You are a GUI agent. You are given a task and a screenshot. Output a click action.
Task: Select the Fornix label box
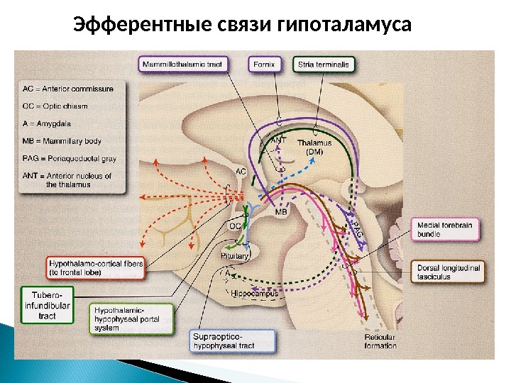tap(263, 65)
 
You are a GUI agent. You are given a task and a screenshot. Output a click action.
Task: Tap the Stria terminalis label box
tap(324, 65)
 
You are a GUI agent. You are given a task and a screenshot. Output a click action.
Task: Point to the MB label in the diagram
tap(281, 212)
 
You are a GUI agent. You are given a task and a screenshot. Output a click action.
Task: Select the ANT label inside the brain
tap(280, 140)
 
